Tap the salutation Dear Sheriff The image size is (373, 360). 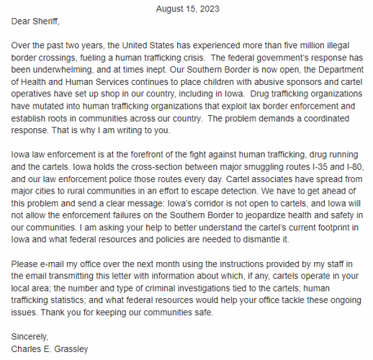(34, 21)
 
